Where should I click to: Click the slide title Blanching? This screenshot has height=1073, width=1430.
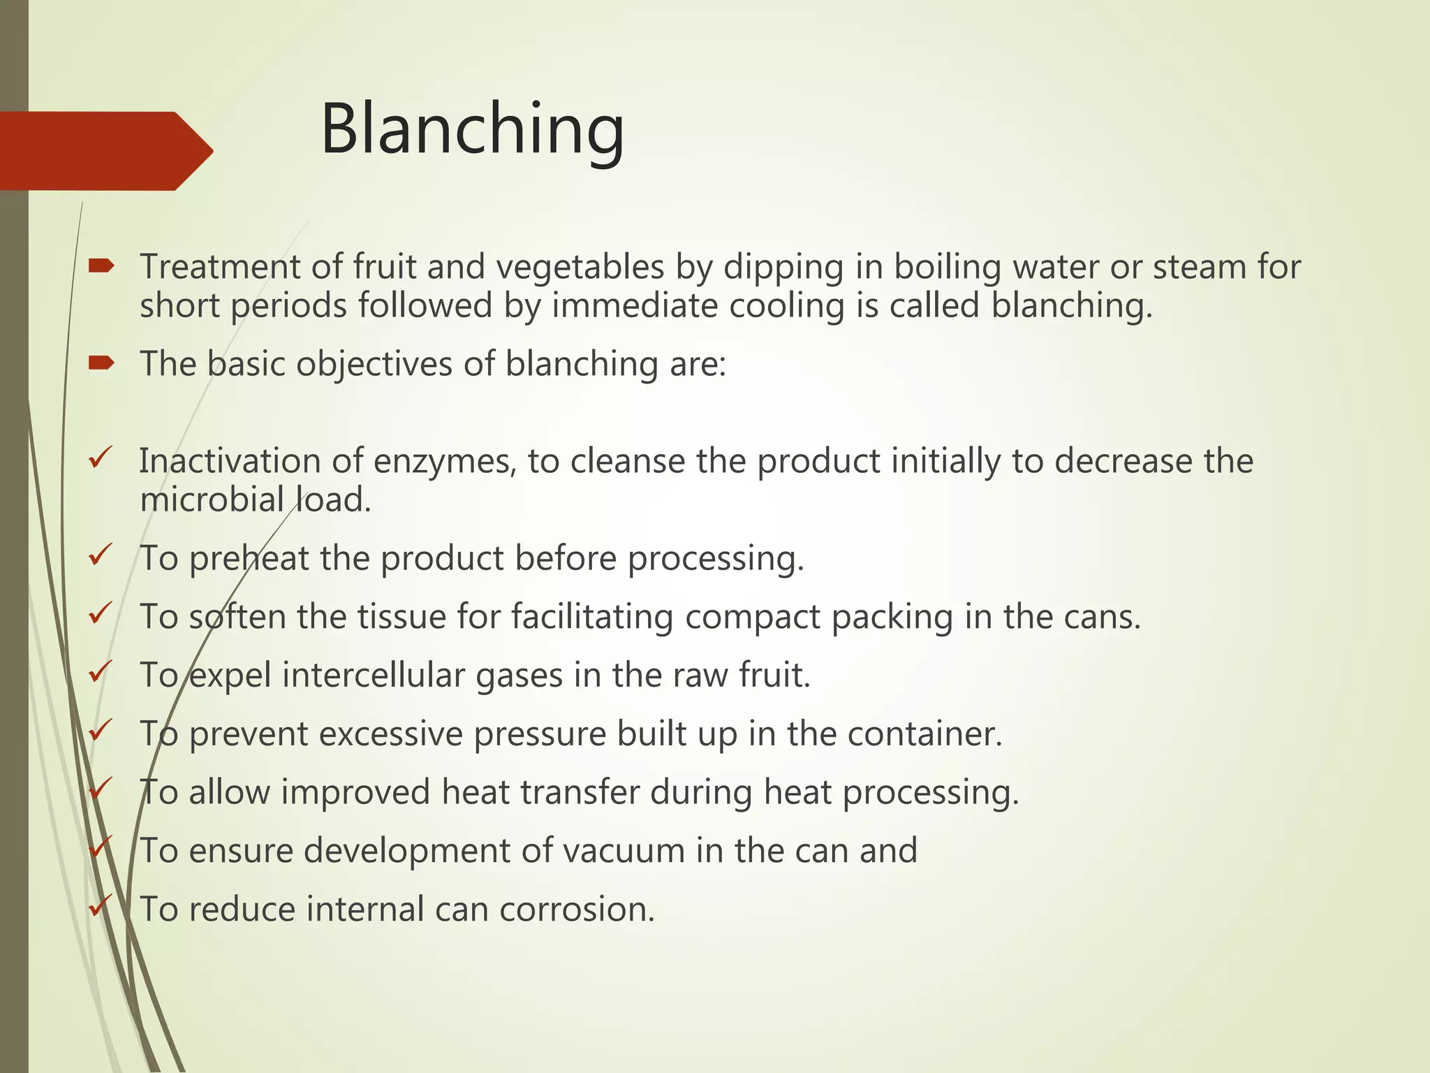pos(472,130)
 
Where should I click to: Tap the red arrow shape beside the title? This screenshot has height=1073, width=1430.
pos(105,151)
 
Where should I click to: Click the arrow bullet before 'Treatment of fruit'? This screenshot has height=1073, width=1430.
pos(101,265)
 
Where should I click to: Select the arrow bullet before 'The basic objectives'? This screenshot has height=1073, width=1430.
pos(101,363)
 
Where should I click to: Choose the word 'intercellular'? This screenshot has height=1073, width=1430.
pos(373,676)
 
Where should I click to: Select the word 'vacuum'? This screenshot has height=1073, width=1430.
pos(623,851)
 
